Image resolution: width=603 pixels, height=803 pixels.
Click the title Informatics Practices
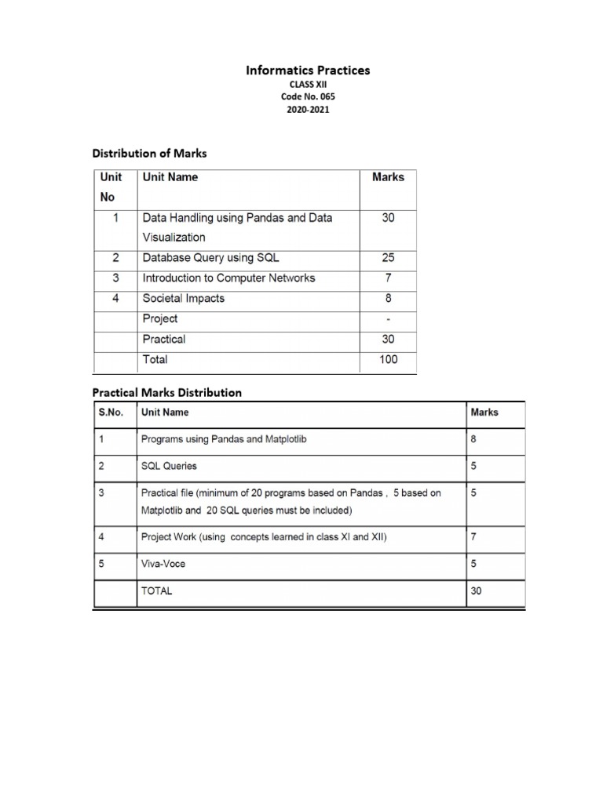308,71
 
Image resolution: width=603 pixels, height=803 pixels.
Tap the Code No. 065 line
308,96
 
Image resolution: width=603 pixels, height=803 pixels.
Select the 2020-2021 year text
308,110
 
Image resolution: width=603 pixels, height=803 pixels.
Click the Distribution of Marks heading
150,153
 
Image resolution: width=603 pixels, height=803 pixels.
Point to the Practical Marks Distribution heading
167,392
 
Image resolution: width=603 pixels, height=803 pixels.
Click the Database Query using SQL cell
210,257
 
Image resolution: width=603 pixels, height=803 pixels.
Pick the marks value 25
388,257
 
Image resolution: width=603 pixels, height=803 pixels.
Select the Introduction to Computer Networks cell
228,278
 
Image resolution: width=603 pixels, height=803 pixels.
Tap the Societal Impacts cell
183,298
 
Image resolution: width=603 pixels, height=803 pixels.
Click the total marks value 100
388,359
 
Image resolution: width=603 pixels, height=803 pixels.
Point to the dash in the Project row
388,318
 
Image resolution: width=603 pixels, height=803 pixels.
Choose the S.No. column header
111,412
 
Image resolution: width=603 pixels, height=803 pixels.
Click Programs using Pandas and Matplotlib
224,439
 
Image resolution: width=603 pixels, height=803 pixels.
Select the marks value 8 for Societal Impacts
388,298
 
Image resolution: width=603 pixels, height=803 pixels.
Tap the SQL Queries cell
169,466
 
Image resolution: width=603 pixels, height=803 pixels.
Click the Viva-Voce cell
163,563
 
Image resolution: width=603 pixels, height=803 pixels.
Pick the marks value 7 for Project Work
473,537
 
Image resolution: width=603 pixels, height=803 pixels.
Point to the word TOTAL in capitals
156,590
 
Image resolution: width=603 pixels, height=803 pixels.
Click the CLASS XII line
308,84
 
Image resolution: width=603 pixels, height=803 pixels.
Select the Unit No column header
108,187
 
